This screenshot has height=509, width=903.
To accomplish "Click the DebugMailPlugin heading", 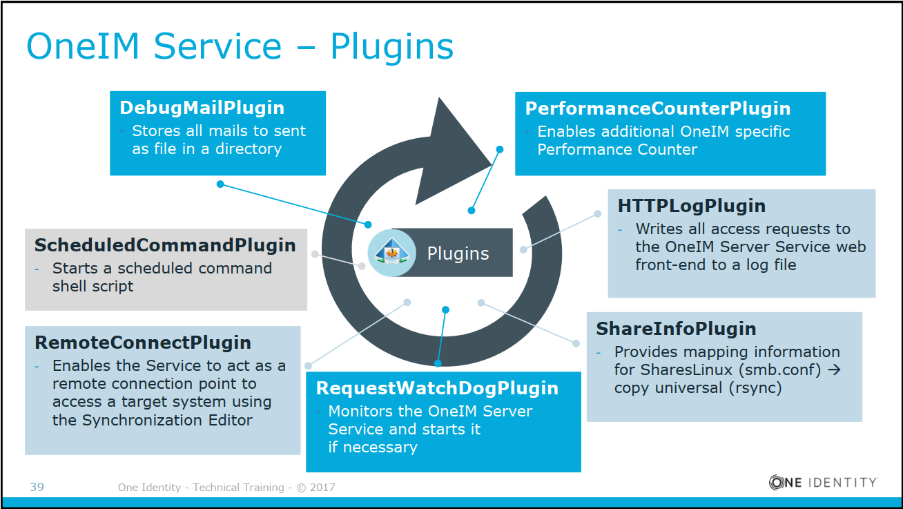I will pyautogui.click(x=202, y=108).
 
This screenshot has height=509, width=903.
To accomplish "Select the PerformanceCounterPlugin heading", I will pyautogui.click(x=658, y=108).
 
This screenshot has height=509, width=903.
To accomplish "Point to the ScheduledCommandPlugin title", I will pyautogui.click(x=165, y=245).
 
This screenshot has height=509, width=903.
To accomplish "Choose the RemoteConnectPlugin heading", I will pyautogui.click(x=143, y=343).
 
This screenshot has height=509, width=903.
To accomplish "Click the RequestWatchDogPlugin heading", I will pyautogui.click(x=437, y=388).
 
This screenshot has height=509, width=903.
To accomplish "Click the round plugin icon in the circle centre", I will pyautogui.click(x=391, y=253).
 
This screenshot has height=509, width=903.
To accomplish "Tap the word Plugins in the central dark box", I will pyautogui.click(x=458, y=253).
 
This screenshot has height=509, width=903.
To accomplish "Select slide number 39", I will pyautogui.click(x=37, y=488).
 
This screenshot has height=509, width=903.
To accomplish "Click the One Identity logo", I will pyautogui.click(x=823, y=483).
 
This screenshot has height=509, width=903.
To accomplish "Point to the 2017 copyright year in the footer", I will pyautogui.click(x=322, y=488).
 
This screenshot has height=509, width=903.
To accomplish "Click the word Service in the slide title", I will pyautogui.click(x=217, y=47).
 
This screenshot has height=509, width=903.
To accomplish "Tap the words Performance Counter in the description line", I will pyautogui.click(x=617, y=149).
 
